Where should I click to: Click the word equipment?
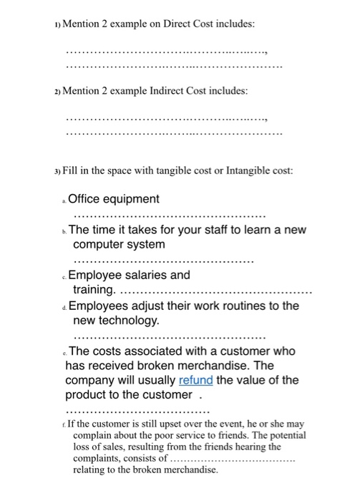pyautogui.click(x=133, y=198)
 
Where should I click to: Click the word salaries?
pyautogui.click(x=146, y=275)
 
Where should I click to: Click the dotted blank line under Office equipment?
pyautogui.click(x=168, y=214)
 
